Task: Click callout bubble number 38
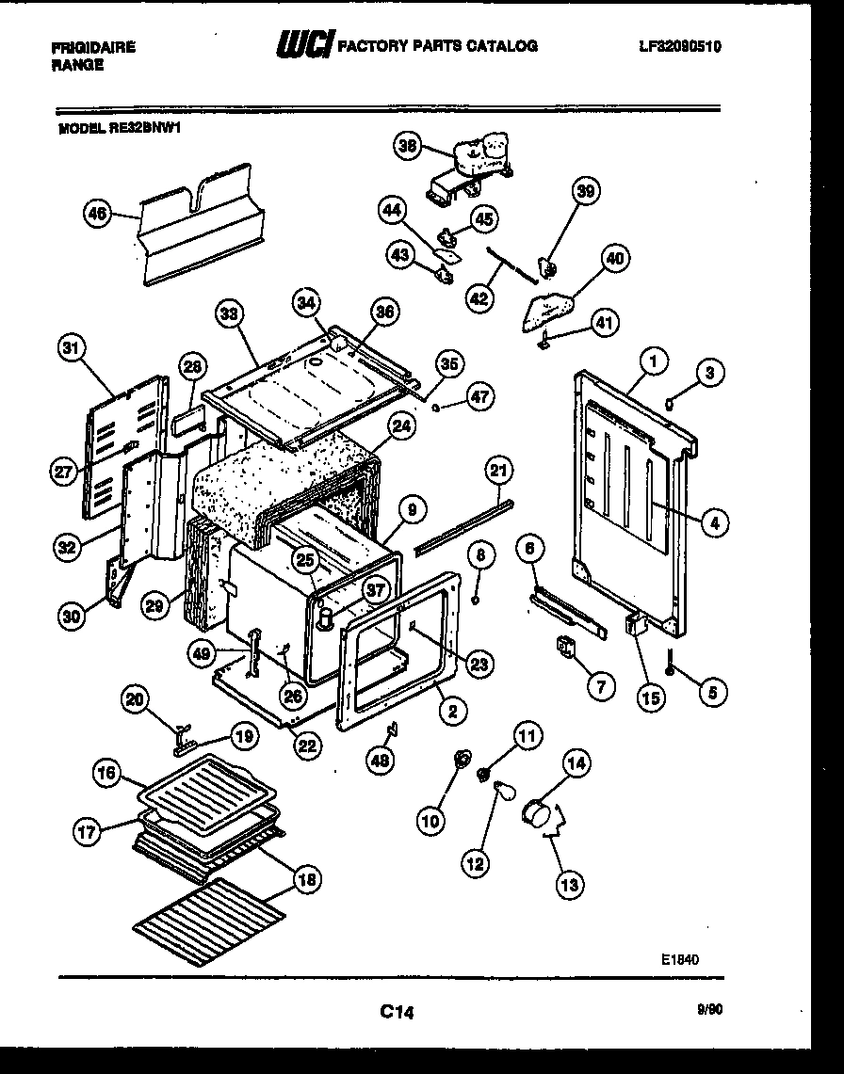coord(407,145)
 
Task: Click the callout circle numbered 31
coord(69,348)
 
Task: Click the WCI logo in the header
coord(303,45)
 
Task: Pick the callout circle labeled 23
coord(479,665)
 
